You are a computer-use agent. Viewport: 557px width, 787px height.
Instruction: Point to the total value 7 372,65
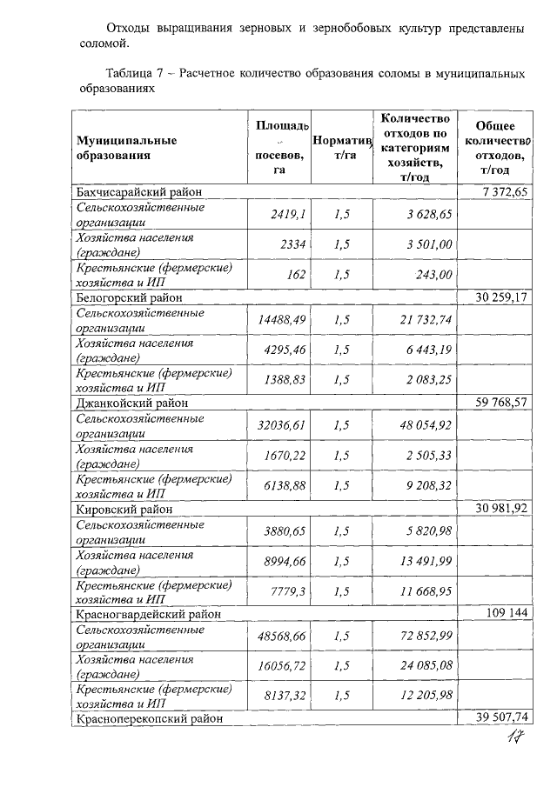[504, 191]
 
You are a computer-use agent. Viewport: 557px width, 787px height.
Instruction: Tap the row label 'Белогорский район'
[124, 297]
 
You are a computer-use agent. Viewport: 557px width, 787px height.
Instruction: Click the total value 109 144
[507, 614]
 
